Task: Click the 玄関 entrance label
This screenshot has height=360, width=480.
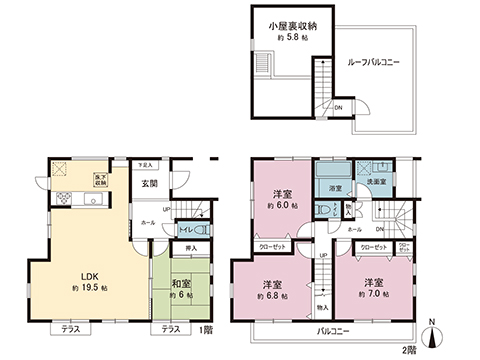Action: (x=149, y=183)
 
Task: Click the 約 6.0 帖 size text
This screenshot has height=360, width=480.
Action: (x=282, y=207)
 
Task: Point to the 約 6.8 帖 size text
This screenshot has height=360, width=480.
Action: (x=272, y=296)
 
